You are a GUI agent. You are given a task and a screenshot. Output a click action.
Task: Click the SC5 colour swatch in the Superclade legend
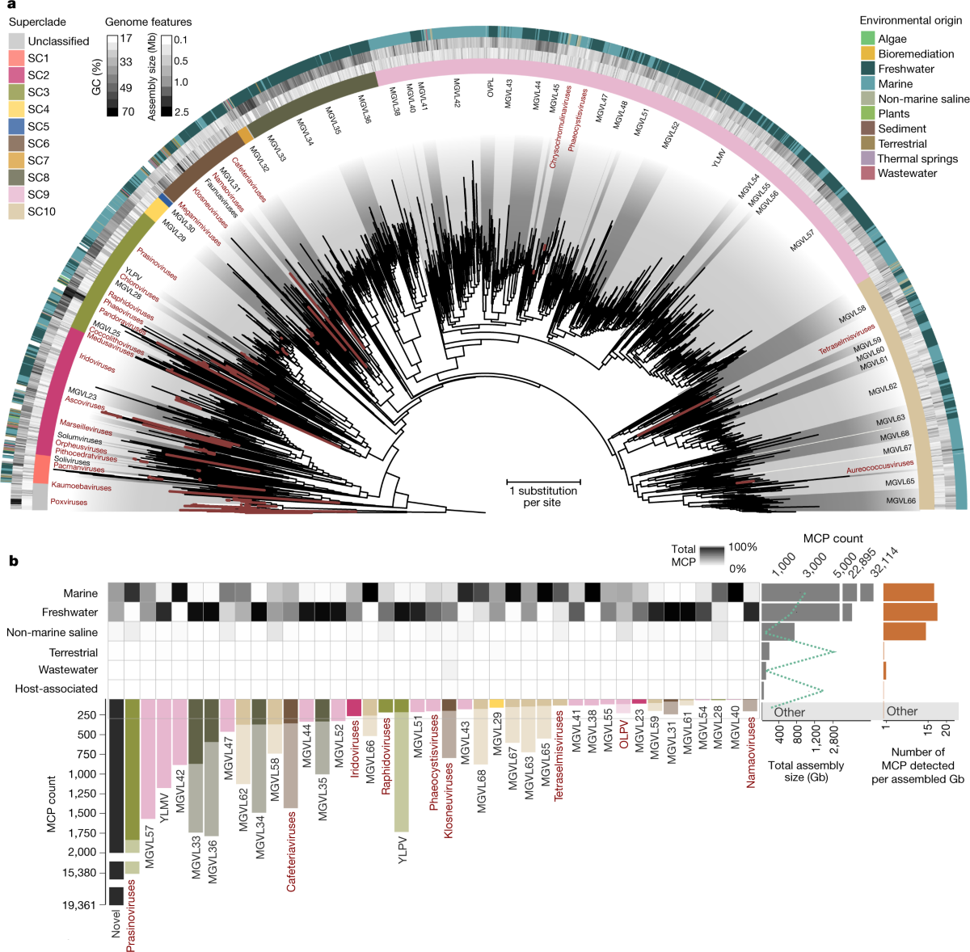(16, 127)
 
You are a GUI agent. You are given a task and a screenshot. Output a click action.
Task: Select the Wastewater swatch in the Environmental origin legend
(867, 174)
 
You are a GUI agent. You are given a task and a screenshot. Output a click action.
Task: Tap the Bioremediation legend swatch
(867, 54)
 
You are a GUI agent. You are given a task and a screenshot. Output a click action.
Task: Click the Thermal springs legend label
(917, 158)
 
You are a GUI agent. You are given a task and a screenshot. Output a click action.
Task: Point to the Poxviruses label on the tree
(69, 502)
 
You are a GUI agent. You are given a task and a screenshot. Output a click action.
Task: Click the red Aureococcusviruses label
(879, 467)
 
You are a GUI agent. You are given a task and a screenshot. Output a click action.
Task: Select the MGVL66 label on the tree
(900, 501)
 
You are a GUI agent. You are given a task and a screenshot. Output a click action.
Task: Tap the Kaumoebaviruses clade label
(81, 487)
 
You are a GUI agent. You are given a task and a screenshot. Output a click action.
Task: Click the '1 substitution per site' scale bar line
(542, 482)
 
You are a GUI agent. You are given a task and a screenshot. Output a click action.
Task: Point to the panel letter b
(13, 560)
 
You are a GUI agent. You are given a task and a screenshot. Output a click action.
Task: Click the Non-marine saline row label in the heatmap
(52, 633)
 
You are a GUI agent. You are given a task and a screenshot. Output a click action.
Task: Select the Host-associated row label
(56, 689)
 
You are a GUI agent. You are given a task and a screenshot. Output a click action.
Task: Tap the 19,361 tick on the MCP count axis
(78, 905)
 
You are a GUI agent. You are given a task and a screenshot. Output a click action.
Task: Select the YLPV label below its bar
(403, 850)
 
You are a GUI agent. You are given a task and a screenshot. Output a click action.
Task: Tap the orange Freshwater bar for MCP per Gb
(910, 612)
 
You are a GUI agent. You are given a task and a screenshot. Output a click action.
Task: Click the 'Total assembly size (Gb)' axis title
(806, 771)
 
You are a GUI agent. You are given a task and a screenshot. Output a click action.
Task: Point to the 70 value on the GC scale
(126, 112)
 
